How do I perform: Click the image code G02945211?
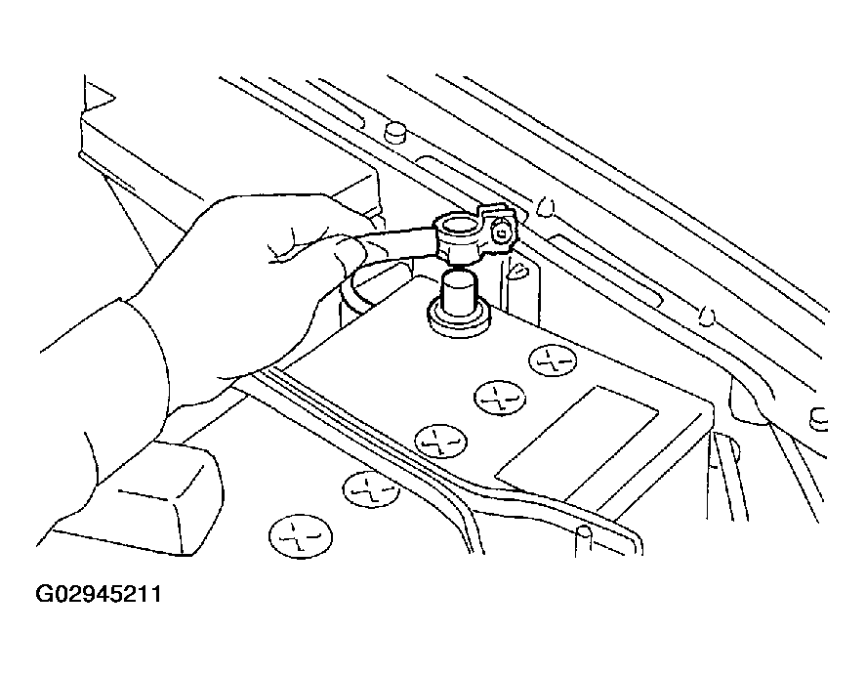pyautogui.click(x=99, y=595)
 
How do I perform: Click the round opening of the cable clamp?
pyautogui.click(x=458, y=232)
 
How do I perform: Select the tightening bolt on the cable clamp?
pyautogui.click(x=501, y=232)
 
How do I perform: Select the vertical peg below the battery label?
pyautogui.click(x=584, y=540)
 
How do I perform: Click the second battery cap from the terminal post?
pyautogui.click(x=500, y=398)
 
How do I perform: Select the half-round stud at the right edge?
pyautogui.click(x=818, y=421)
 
